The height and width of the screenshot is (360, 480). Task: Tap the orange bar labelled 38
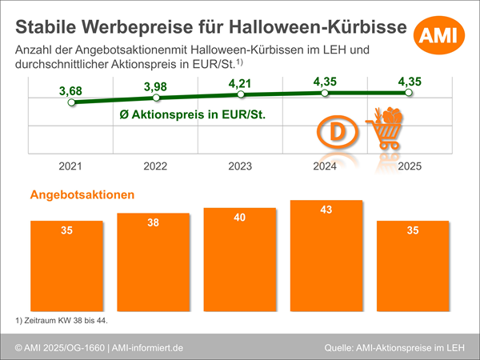[153, 259]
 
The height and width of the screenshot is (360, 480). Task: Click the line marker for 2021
[72, 102]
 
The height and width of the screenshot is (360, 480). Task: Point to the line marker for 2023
[240, 95]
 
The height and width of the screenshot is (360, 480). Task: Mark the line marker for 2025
[409, 93]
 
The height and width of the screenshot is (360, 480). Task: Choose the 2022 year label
[156, 166]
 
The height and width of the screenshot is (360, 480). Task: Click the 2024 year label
[324, 166]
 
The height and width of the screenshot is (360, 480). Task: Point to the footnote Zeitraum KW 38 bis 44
[61, 321]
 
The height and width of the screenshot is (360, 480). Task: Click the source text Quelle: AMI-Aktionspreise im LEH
[394, 347]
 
